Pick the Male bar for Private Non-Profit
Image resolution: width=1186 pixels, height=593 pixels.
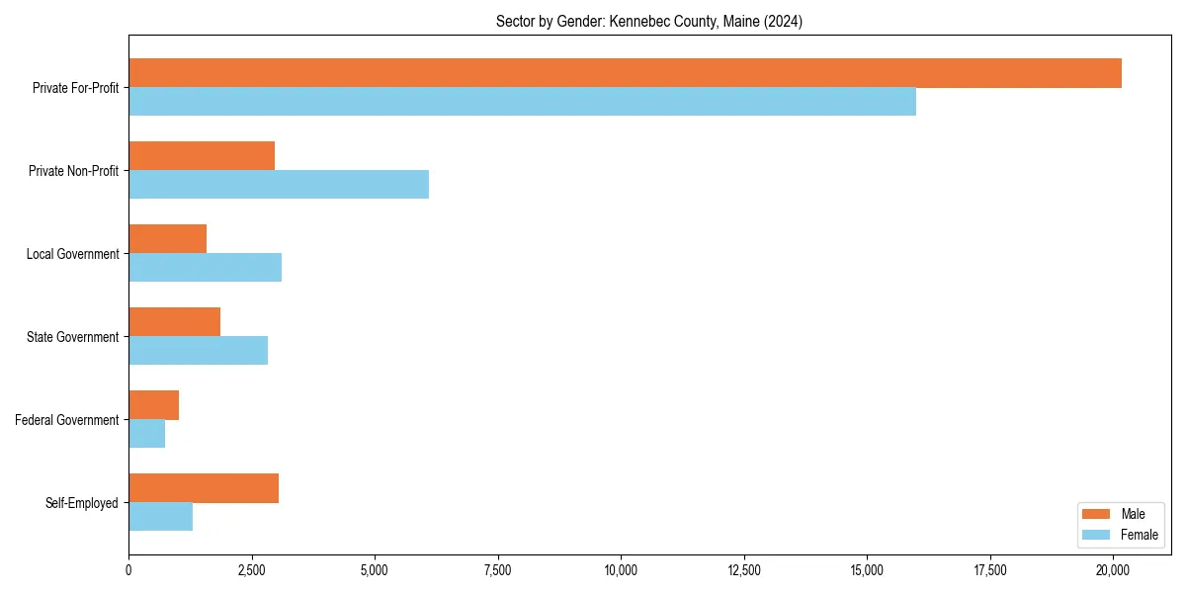[202, 156]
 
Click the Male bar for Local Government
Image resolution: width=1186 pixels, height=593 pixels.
[167, 239]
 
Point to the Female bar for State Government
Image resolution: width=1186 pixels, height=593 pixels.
[198, 351]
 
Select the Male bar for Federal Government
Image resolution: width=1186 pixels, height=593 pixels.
[153, 405]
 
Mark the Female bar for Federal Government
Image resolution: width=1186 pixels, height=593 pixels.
[146, 434]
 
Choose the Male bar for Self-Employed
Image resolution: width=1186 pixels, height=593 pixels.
[204, 488]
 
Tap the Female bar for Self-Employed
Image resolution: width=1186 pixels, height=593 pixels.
[160, 517]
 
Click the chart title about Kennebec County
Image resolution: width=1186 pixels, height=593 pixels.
[648, 22]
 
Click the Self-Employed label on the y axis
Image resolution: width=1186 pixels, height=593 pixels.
[81, 503]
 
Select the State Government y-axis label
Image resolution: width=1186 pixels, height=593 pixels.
[72, 337]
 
